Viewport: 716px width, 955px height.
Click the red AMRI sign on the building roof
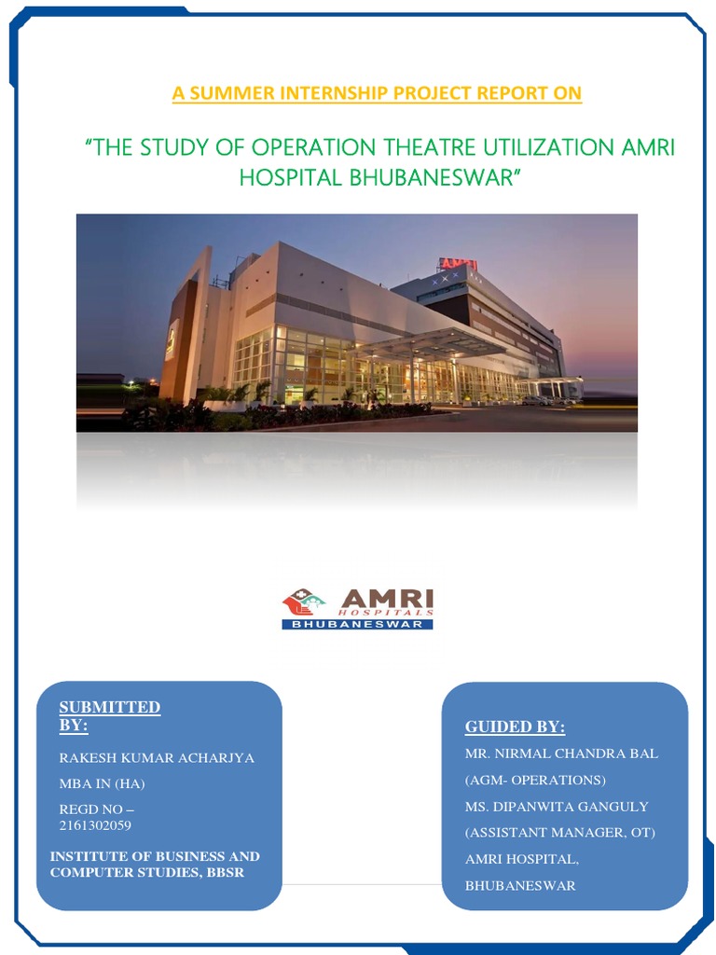458,265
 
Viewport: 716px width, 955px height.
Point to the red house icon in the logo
300,602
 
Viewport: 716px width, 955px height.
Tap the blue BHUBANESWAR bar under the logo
358,624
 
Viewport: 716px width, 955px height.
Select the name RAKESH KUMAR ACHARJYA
157,757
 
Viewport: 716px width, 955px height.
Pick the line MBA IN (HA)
102,783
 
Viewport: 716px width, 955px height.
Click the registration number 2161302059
95,825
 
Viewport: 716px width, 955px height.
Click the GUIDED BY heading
515,727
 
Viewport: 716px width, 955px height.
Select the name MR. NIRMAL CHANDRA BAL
561,754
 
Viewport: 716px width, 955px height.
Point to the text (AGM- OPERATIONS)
535,780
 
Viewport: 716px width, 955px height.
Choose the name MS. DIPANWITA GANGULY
557,806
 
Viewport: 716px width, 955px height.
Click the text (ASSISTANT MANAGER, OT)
560,833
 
